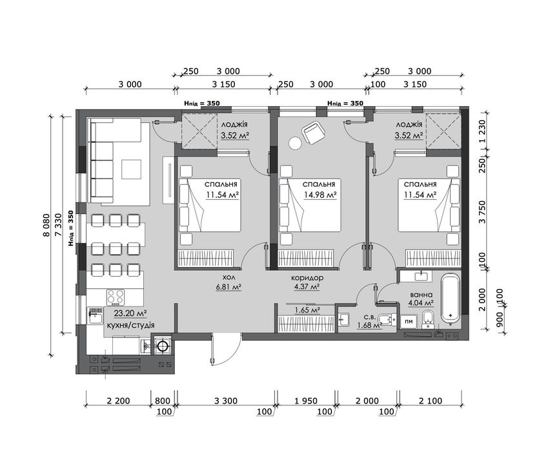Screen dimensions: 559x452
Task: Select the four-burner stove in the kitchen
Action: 116,297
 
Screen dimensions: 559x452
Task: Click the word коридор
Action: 307,278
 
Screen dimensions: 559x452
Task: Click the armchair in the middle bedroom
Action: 314,133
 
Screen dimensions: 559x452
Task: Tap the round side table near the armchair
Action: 295,143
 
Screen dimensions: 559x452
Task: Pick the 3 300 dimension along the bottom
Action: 226,401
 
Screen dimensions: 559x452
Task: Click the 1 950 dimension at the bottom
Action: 306,401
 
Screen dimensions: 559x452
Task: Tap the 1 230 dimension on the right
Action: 483,132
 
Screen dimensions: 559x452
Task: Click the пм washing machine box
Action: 409,321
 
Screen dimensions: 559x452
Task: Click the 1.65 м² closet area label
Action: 307,310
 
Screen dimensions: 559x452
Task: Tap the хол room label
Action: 229,278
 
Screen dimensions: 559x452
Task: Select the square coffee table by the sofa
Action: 131,169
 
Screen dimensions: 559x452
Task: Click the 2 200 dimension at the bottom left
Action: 118,401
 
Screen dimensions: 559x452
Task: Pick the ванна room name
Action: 422,295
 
